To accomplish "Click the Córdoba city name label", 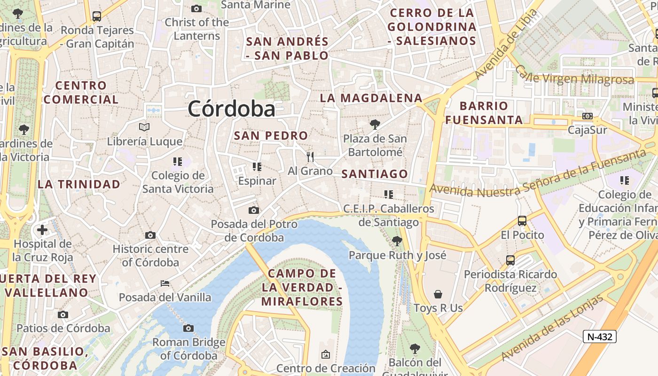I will [231, 109].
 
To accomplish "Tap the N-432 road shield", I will [599, 337].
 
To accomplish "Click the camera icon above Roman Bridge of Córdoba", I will [188, 328].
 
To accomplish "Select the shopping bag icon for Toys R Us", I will [438, 294].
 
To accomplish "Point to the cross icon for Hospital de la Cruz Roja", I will [42, 230].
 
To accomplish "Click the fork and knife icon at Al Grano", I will [310, 157].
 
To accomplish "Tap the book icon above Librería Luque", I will [144, 127].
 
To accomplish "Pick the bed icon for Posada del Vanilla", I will [165, 283].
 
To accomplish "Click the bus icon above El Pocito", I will [522, 220].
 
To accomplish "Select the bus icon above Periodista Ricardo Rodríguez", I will [510, 260].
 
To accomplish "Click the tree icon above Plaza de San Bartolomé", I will [375, 125].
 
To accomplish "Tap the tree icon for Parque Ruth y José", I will [397, 241].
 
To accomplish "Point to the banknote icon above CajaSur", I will [587, 116].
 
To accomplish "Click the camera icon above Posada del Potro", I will [254, 210].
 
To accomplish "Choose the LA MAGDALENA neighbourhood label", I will [371, 98].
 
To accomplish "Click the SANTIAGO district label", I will [375, 174].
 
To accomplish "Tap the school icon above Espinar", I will [257, 166].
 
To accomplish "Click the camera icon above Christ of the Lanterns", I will [196, 8].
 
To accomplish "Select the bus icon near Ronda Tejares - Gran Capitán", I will [97, 16].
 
